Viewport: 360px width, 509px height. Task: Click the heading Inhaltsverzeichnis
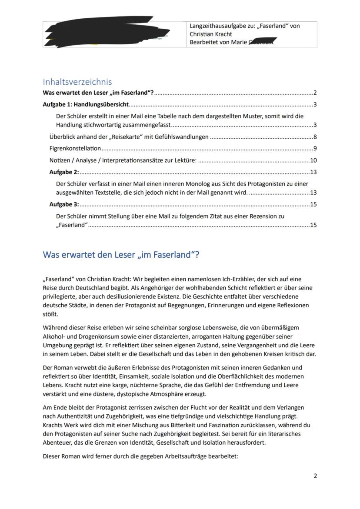(x=77, y=82)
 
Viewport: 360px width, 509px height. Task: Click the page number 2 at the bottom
(x=315, y=476)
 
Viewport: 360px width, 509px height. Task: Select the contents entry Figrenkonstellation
(x=75, y=149)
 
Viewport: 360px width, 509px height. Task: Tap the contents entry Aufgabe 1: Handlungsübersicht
(x=86, y=104)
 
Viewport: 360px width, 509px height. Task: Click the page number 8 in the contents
(x=315, y=137)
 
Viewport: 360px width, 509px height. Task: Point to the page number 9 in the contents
(x=315, y=149)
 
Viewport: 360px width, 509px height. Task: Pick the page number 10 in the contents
(x=313, y=160)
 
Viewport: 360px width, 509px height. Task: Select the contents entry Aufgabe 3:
(x=64, y=204)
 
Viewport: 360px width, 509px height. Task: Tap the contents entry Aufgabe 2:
(x=64, y=172)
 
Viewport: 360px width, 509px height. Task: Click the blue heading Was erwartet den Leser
(x=121, y=255)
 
